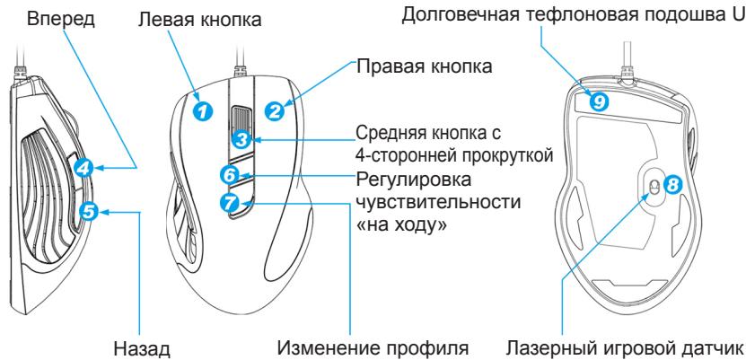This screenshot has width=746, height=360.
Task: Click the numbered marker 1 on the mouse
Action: coord(202,111)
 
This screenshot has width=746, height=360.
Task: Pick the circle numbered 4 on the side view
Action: coord(83,169)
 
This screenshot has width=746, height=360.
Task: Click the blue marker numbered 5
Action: coord(88,211)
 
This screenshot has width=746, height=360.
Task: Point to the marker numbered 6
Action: coord(230,175)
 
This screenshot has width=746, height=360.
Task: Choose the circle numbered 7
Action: coord(231,203)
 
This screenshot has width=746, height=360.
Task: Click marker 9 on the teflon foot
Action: coord(599,101)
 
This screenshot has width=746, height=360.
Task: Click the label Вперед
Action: coord(61,19)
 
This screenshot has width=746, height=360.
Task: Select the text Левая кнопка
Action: coord(200,20)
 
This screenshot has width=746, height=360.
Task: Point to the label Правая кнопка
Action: coord(425,66)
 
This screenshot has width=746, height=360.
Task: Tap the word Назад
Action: coord(142,348)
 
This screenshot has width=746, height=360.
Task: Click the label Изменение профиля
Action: coord(373,348)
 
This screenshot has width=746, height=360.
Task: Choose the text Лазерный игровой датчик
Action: coord(624,348)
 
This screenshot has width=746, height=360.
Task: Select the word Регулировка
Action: coord(414,180)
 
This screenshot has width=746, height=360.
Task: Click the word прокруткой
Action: coord(505,155)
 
